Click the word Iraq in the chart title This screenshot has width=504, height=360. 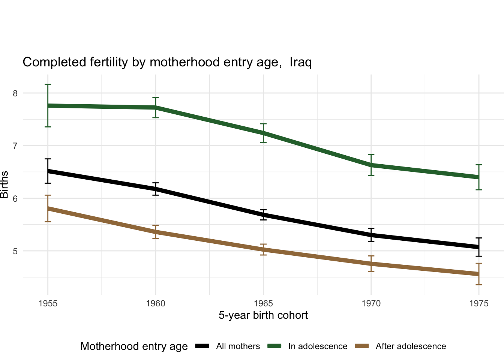point(301,62)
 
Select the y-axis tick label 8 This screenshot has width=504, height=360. point(15,93)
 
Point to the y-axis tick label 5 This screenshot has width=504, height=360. point(15,251)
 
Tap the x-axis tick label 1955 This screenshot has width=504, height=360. point(48,303)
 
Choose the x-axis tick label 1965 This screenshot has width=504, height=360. point(263,303)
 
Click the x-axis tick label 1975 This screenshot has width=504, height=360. point(479,303)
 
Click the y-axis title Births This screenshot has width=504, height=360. point(4,184)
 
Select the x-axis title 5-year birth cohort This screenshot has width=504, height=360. point(263,315)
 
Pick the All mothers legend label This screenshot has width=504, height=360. point(238,346)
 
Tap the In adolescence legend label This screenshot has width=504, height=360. point(318,346)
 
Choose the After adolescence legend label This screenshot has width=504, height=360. point(411,346)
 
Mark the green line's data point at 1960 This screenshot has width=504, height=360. point(156,108)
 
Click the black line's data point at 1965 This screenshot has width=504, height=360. point(263,215)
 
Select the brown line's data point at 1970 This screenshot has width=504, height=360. point(371,264)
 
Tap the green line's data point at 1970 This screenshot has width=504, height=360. point(371,165)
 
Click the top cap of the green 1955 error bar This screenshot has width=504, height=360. point(48,85)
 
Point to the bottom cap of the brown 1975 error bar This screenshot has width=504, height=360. point(479,285)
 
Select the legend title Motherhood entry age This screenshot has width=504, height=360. point(134,346)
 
